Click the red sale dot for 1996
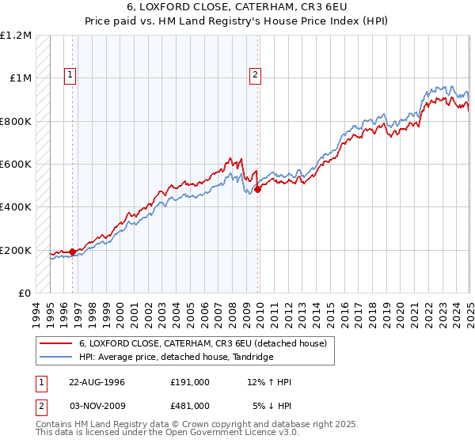72,252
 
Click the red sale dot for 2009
258,189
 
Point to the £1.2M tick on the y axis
17,36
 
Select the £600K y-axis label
16,165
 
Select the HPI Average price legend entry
176,357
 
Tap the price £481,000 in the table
190,405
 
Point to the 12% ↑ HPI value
269,382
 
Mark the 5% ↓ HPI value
272,405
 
